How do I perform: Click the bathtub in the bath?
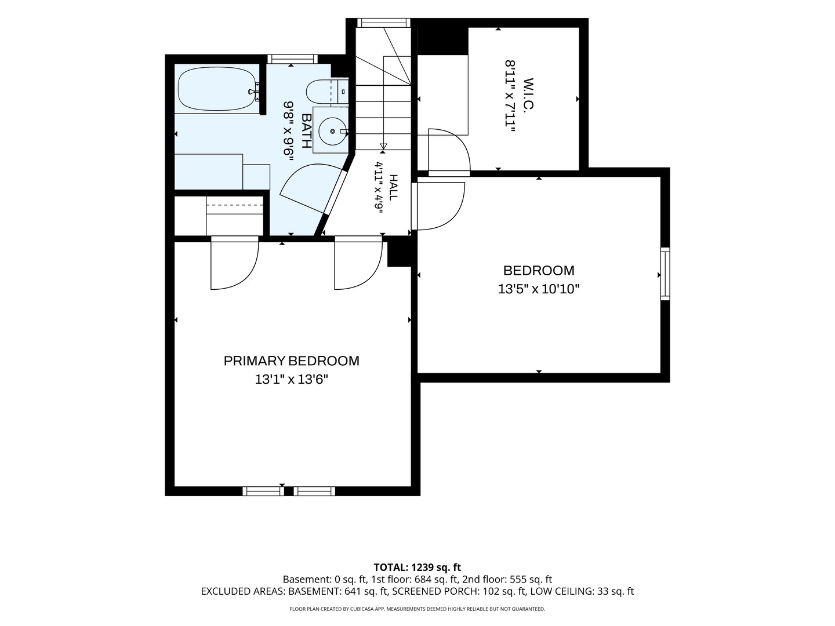[217, 89]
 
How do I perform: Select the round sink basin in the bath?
[332, 131]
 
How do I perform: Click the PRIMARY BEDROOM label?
[292, 361]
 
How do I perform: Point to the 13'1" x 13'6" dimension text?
[292, 379]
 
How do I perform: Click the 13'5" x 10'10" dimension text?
[539, 289]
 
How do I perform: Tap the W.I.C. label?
[529, 94]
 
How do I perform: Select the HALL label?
[393, 187]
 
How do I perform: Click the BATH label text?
[306, 130]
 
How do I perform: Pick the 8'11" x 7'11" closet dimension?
[510, 96]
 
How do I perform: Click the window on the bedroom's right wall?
[665, 274]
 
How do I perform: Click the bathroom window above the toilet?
[292, 59]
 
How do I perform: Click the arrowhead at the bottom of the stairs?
[383, 146]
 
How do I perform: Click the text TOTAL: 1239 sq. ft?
[418, 567]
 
